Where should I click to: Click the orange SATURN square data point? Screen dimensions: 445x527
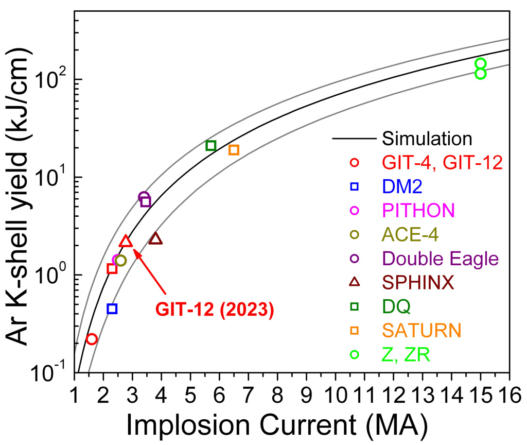[x=234, y=150]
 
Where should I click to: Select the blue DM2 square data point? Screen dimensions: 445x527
[x=112, y=309]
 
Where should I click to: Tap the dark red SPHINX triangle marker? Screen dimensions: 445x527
[x=155, y=239]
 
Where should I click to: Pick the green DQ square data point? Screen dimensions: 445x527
[x=210, y=146]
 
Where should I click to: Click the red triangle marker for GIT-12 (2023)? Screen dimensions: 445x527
[x=126, y=242]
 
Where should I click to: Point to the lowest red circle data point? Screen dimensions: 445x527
[x=92, y=339]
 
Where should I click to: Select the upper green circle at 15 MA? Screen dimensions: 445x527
[x=481, y=64]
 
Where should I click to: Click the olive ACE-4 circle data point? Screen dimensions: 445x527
[x=121, y=261]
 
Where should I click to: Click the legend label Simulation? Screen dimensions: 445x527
[x=427, y=139]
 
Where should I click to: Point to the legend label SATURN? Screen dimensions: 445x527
[x=422, y=330]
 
